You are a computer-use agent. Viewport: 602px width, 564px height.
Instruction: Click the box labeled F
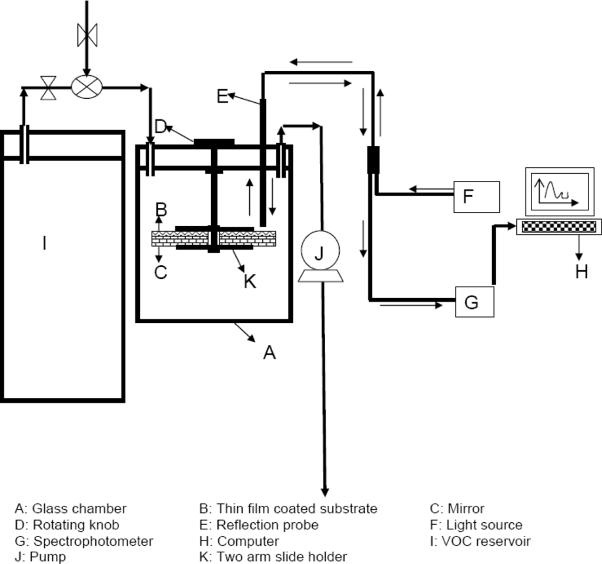(x=476, y=196)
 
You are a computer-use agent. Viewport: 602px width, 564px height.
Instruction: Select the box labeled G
(x=475, y=301)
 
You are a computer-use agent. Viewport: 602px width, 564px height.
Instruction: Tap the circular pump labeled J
(x=319, y=253)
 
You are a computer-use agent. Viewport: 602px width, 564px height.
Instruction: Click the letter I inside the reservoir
(x=44, y=242)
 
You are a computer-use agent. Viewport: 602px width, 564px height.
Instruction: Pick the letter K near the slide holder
(x=250, y=281)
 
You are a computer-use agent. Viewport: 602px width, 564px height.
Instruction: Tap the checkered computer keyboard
(x=558, y=226)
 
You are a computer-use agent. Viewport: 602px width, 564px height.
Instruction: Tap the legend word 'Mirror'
(x=466, y=509)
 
